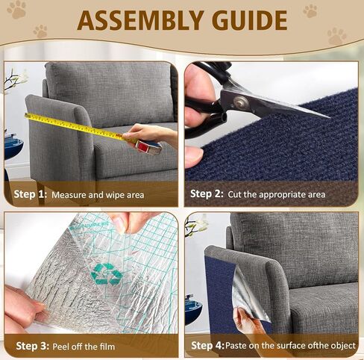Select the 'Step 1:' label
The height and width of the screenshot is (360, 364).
coord(30,193)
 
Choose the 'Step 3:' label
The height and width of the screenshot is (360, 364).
coord(30,345)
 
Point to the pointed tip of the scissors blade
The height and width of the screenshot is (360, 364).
coord(327,117)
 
